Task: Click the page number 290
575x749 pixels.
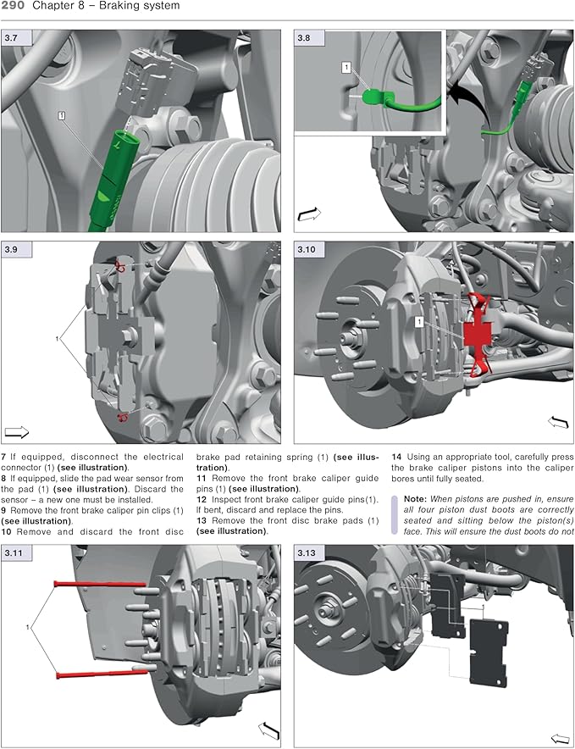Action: coord(14,7)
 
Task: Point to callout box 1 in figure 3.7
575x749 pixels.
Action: coord(63,114)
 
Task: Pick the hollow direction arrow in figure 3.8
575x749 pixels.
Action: coord(310,215)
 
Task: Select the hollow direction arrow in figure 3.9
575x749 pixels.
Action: coord(17,430)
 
